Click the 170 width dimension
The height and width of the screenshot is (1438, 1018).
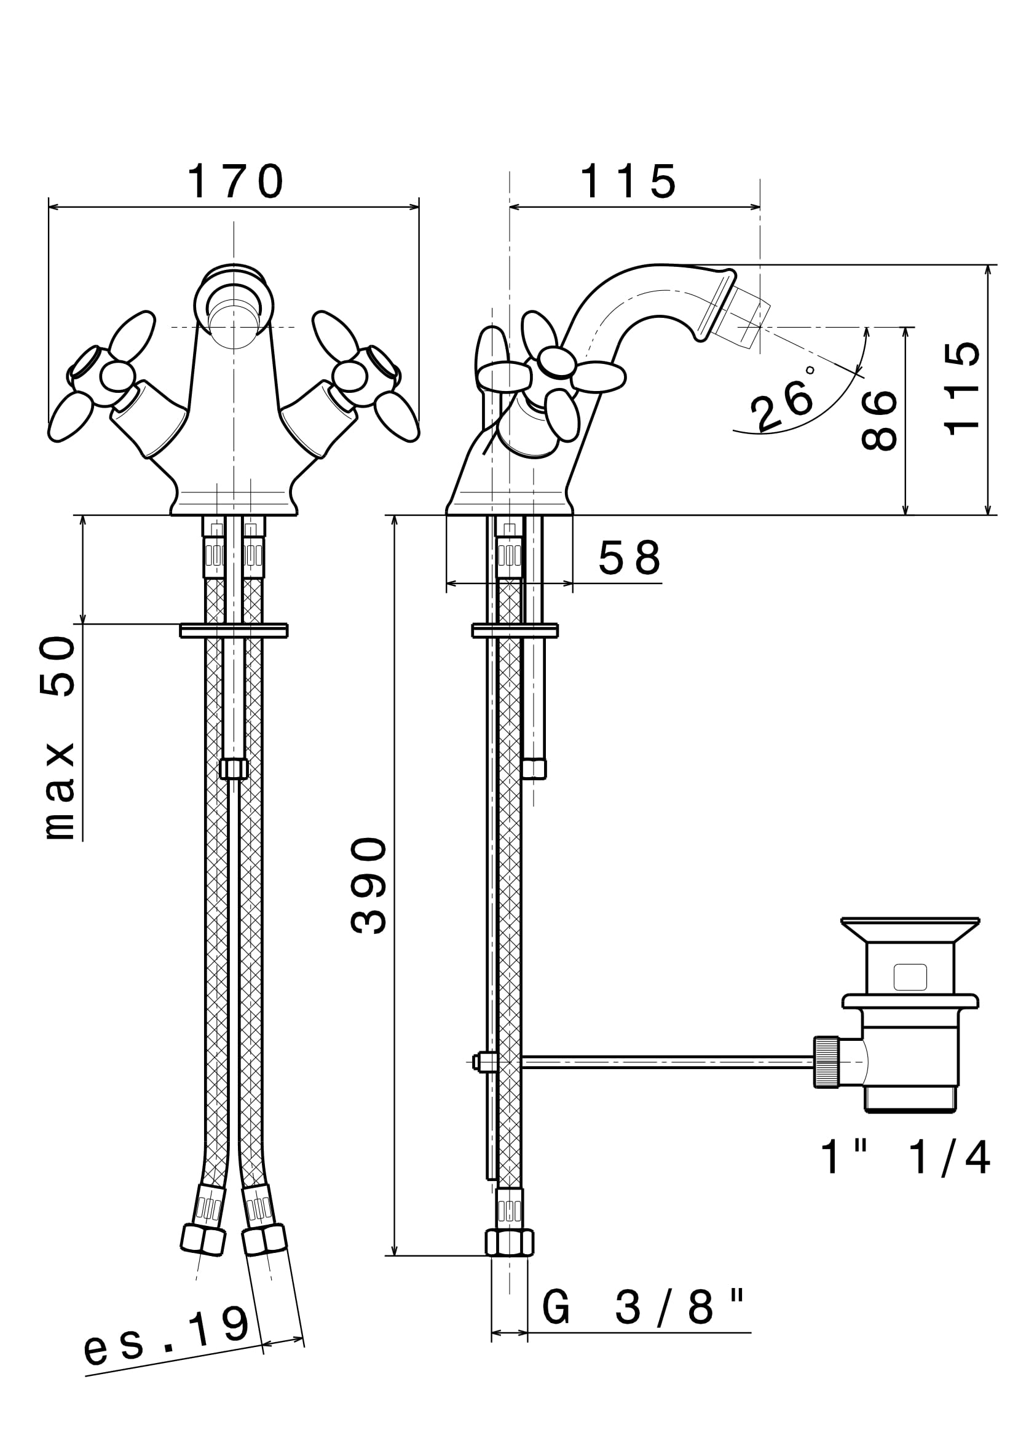point(235,182)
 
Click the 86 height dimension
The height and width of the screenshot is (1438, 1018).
point(879,420)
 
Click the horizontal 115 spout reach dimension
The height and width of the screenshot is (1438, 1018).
point(629,182)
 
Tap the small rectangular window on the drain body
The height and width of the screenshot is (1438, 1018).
point(910,977)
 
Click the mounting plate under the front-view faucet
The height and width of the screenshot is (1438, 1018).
point(234,630)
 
